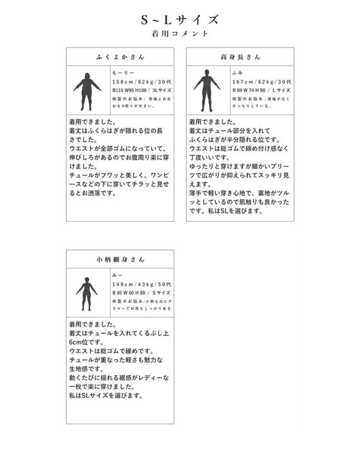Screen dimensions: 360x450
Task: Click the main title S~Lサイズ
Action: [180, 19]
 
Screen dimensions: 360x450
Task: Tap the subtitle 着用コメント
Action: [180, 33]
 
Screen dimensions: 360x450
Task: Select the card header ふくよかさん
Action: [120, 57]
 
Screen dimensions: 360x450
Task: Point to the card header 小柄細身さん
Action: [120, 260]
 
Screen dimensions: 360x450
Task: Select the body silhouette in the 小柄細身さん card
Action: [86, 294]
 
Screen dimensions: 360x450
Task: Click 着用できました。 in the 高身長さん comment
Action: [212, 122]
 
